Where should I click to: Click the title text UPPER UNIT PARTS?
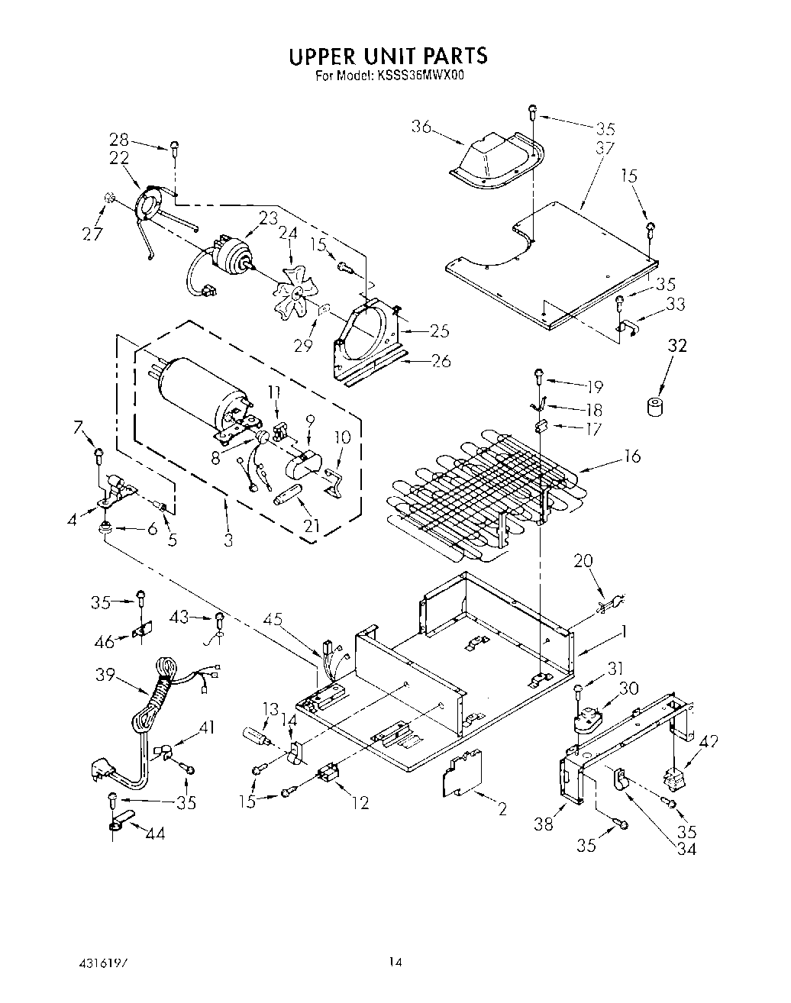click(387, 56)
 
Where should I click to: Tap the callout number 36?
click(421, 127)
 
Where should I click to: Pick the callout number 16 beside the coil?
click(631, 456)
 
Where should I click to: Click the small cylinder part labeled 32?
click(654, 407)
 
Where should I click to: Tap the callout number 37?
click(605, 149)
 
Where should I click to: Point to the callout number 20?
click(583, 561)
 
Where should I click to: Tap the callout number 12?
click(360, 801)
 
